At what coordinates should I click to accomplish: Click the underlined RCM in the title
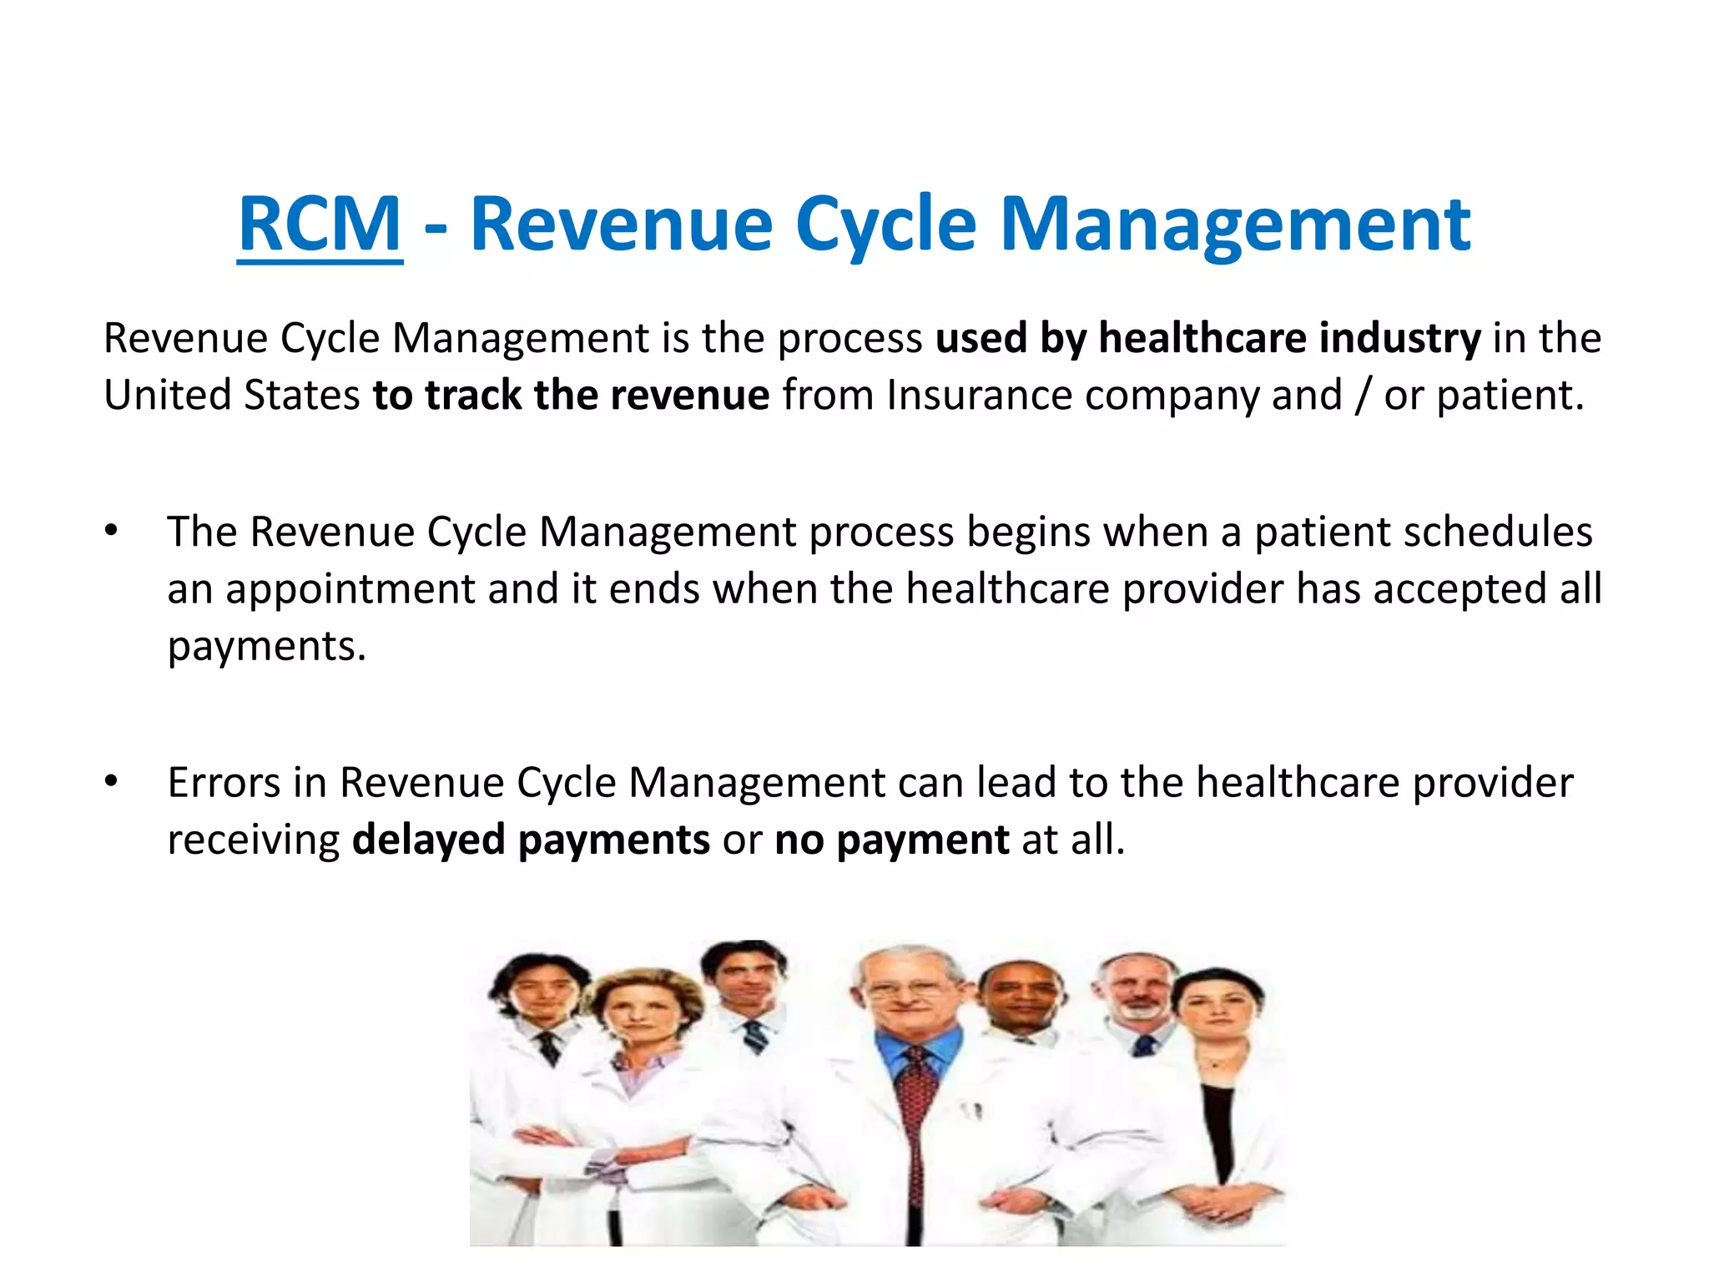click(x=320, y=224)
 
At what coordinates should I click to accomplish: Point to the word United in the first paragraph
click(x=167, y=395)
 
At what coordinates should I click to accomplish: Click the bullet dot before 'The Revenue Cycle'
click(x=112, y=531)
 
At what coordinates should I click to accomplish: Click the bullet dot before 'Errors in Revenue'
click(x=112, y=782)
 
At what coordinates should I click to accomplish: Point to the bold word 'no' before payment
click(x=799, y=840)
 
